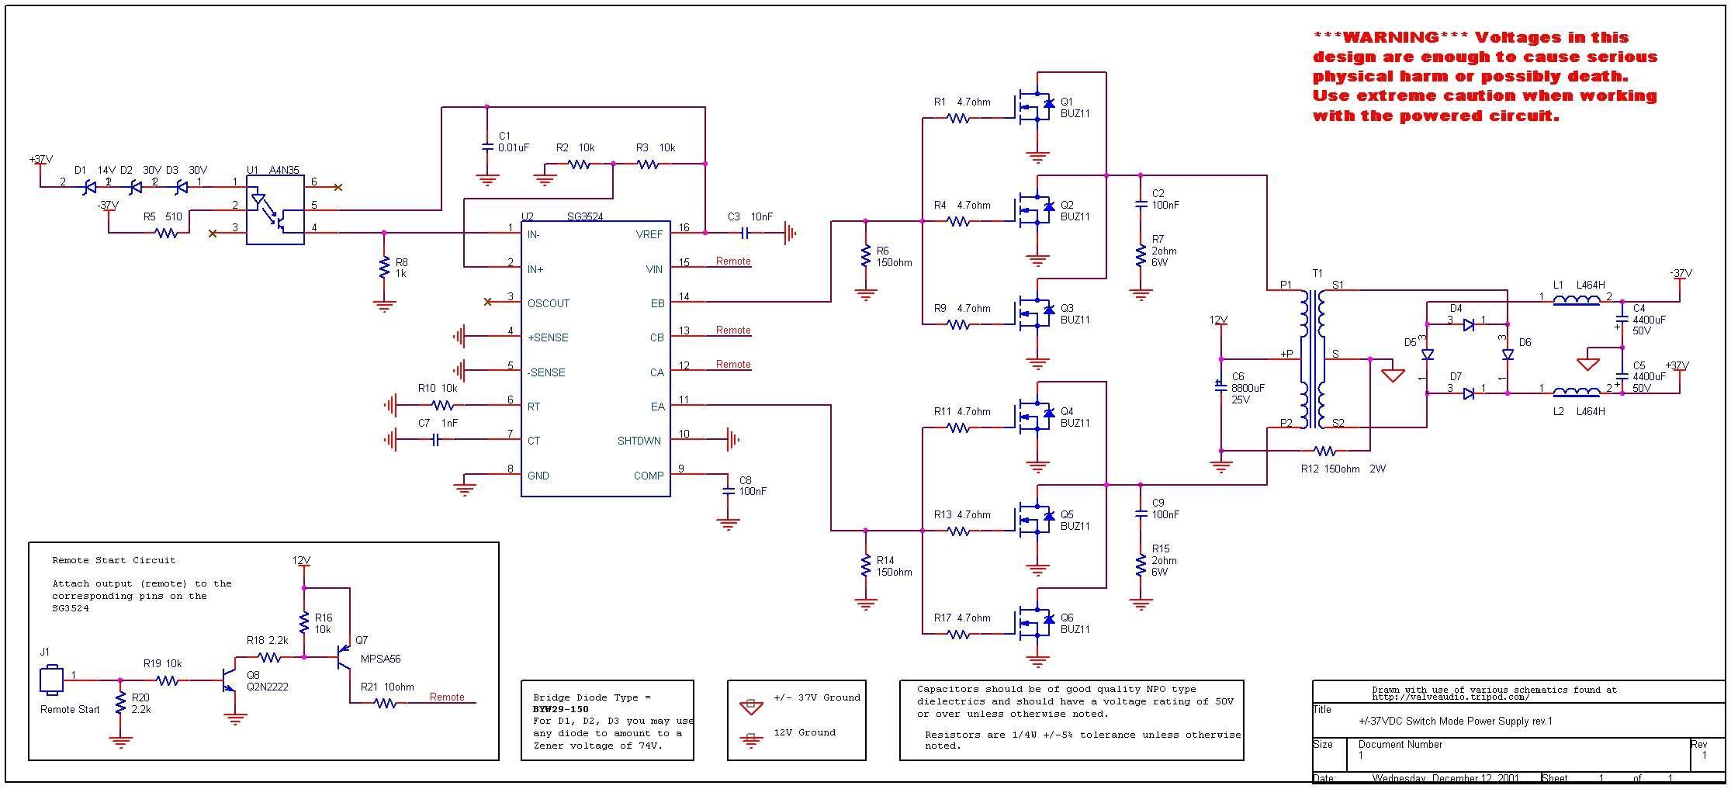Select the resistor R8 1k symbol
[x=383, y=268]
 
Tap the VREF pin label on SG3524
[x=649, y=234]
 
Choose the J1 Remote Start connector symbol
[x=51, y=680]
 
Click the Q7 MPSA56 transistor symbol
[x=344, y=657]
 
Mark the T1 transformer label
[x=1317, y=274]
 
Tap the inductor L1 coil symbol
[x=1576, y=300]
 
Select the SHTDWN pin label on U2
[x=639, y=441]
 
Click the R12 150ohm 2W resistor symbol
[x=1324, y=451]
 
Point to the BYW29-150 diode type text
[x=561, y=709]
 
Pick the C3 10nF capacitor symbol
[x=745, y=232]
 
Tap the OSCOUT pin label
[x=549, y=303]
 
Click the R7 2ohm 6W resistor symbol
[x=1141, y=256]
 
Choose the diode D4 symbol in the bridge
[x=1468, y=325]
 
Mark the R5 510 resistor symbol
[x=166, y=232]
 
